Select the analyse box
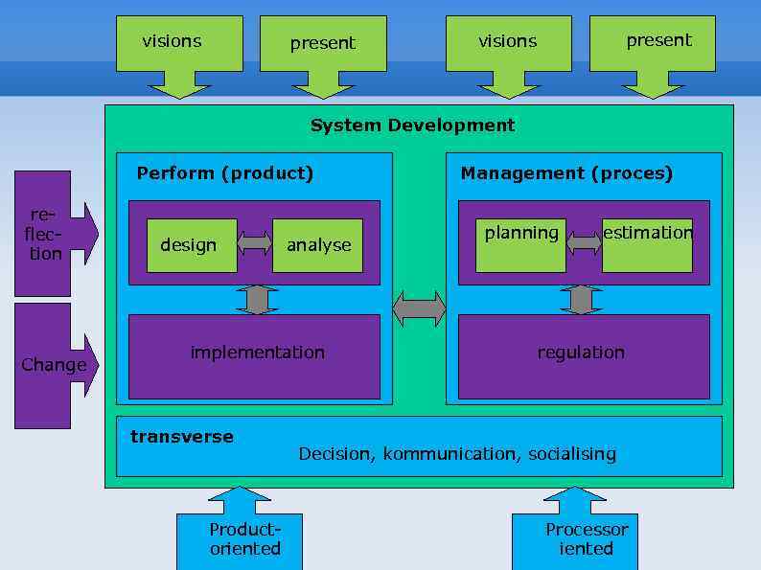pos(317,245)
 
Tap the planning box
pos(520,245)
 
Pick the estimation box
pos(647,245)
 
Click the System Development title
pos(412,125)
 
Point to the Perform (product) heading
pos(225,173)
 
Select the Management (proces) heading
pos(566,173)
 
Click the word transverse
pos(182,437)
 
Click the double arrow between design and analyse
pos(254,243)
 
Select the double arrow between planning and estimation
pos(584,243)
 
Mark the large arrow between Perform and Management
pos(419,309)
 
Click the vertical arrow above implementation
pos(257,300)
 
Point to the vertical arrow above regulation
pos(581,300)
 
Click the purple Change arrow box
pos(53,365)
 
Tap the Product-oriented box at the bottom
pos(240,540)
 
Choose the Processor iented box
pos(575,540)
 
